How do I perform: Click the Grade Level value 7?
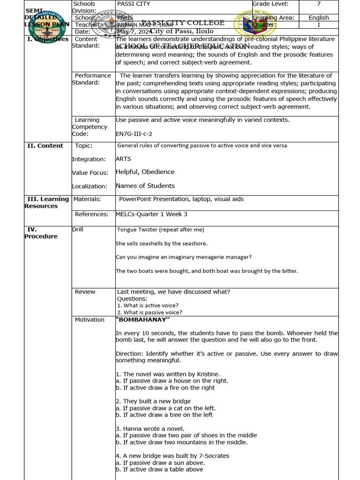(318, 4)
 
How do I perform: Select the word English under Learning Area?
(318, 18)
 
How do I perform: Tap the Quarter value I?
(318, 25)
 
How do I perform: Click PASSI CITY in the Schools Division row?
(132, 4)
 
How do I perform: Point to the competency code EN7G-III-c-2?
(134, 134)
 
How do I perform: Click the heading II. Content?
(45, 146)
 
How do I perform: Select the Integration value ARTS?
(123, 159)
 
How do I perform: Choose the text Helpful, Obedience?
(145, 172)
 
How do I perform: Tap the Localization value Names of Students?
(145, 186)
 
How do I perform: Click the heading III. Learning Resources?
(46, 202)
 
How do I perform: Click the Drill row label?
(77, 229)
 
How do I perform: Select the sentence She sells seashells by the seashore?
(161, 243)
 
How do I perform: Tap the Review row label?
(85, 292)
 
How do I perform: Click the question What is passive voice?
(150, 312)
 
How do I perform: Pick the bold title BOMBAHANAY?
(142, 320)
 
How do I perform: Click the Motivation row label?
(90, 320)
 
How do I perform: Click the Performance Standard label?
(92, 79)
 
